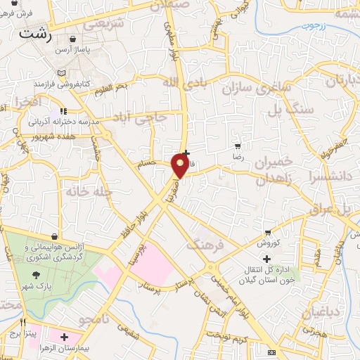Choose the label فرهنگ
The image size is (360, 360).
click(204, 246)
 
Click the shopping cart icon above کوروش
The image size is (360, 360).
click(268, 233)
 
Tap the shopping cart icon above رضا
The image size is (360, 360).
click(238, 146)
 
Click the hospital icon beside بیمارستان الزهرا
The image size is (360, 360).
click(65, 338)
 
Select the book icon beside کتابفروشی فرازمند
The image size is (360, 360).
click(62, 73)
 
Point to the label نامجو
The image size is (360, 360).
click(94, 320)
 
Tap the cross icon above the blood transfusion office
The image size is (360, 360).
click(266, 259)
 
